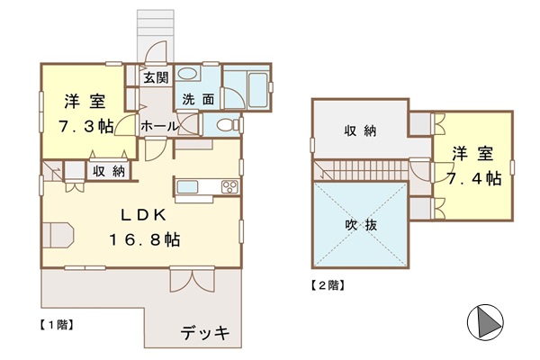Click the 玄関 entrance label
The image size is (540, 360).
[157, 78]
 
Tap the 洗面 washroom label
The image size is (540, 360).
[198, 100]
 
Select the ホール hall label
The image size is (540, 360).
[158, 126]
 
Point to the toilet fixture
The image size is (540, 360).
[228, 125]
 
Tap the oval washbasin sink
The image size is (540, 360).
[187, 74]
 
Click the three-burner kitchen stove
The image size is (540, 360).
[229, 187]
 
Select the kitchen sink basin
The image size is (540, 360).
[188, 187]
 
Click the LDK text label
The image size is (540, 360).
[143, 215]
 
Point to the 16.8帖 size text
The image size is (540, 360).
[144, 239]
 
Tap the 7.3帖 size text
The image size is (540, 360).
[85, 126]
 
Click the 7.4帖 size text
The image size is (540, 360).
[474, 179]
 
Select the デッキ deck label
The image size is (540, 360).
[205, 332]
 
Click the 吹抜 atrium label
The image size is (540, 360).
[361, 225]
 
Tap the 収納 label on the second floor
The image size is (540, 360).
[361, 130]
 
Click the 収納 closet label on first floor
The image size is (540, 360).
[109, 171]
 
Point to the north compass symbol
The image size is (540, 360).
[485, 322]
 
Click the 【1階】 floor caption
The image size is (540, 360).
[56, 325]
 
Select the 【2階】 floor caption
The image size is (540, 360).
[328, 285]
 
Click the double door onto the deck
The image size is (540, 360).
[193, 279]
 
